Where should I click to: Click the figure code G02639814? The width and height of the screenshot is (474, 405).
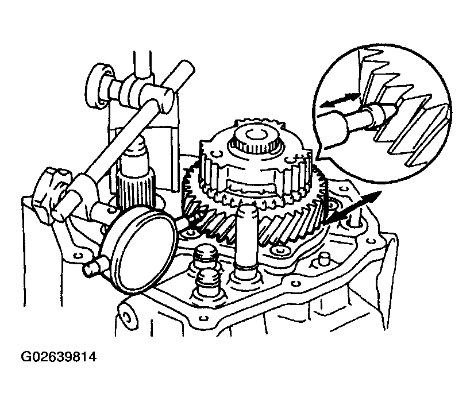(x=59, y=357)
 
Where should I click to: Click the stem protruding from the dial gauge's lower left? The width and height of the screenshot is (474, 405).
(x=92, y=267)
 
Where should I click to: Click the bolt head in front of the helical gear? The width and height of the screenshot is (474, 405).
(x=277, y=250)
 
